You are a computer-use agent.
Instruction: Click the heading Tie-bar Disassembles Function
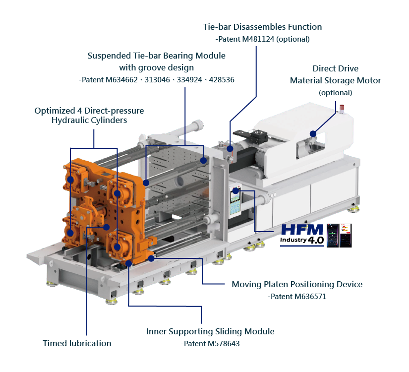262,27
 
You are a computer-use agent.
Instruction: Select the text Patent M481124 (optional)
263,39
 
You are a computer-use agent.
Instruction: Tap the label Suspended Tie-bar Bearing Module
156,56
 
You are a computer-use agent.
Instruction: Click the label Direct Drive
335,68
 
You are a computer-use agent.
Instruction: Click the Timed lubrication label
77,343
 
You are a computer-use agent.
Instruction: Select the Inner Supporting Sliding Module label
210,331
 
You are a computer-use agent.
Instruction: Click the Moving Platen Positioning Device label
297,284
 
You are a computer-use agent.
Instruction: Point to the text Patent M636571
297,297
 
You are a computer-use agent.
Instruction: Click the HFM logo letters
302,230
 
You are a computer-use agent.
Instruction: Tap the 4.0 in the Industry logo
316,240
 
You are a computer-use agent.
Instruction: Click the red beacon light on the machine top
341,106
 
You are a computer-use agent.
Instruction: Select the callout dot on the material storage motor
313,133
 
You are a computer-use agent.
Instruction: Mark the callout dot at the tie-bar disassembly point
230,148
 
